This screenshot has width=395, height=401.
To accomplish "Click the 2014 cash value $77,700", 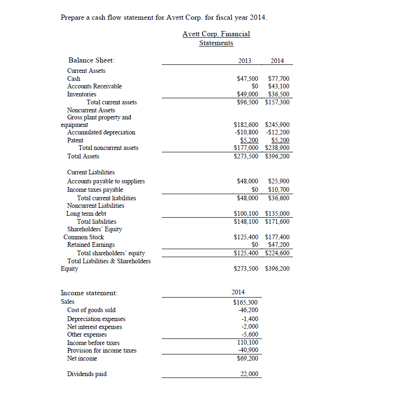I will pos(278,79).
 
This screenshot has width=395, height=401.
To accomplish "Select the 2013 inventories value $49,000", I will pos(246,94).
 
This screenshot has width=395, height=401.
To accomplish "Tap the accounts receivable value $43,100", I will pos(278,86).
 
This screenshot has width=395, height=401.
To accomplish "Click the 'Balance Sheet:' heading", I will pos(91,60).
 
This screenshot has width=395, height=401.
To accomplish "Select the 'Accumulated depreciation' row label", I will pos(101,133).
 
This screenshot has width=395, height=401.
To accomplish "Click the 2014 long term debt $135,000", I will pos(277,213).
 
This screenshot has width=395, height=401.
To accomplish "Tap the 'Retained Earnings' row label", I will pos(91,245).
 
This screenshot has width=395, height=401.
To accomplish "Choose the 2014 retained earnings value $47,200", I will pos(278,245).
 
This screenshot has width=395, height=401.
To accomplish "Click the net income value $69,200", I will pos(245,358).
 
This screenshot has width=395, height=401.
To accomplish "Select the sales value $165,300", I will pos(245,302).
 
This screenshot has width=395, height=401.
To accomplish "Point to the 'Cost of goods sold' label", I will pos(91,310).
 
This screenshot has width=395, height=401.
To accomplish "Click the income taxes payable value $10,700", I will pos(278,189).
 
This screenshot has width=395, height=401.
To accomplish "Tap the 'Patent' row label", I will pos(75,140).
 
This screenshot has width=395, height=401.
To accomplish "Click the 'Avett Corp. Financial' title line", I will pos(216,34).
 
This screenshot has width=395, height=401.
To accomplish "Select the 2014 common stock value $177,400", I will pos(277,237).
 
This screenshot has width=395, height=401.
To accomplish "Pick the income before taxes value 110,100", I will pos(247,343).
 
